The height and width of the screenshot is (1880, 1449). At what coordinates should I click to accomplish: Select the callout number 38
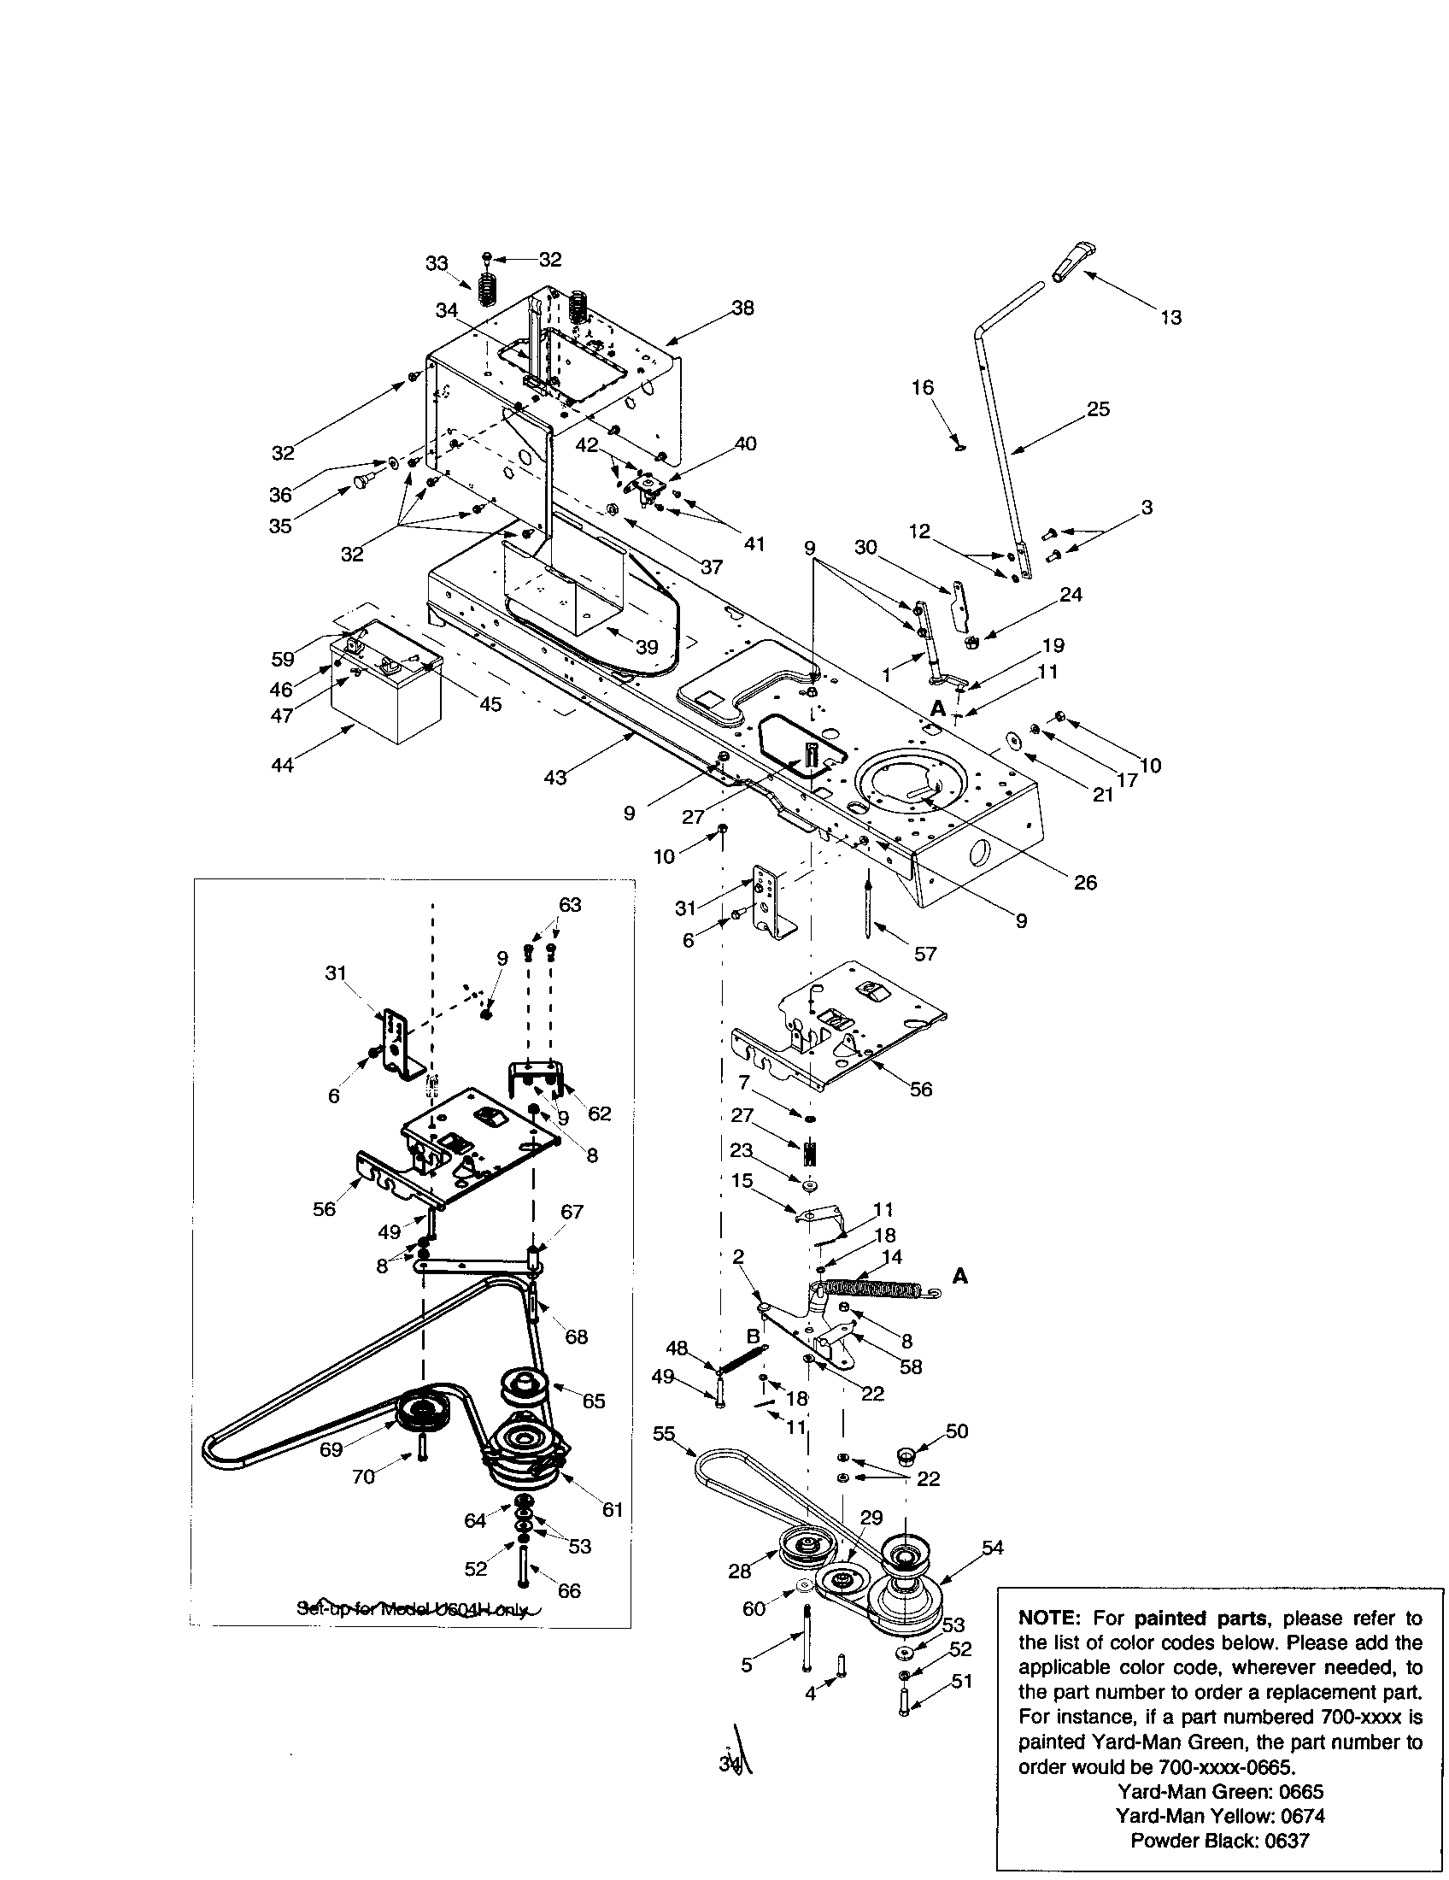click(742, 308)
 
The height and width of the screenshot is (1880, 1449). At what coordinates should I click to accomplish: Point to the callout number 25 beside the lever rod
click(1098, 409)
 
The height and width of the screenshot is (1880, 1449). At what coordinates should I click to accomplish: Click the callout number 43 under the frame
click(556, 778)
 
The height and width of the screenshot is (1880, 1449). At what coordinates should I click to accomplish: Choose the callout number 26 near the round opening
click(1085, 883)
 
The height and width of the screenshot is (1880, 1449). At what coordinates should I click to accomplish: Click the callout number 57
click(925, 954)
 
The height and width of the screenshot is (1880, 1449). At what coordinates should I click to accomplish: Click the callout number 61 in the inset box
click(612, 1510)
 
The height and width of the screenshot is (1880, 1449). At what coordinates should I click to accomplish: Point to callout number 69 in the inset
click(331, 1449)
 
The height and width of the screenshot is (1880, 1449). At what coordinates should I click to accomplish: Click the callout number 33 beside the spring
click(437, 263)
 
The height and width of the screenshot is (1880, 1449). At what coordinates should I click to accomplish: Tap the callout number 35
click(280, 526)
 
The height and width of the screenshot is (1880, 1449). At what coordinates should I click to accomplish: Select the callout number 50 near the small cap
click(957, 1431)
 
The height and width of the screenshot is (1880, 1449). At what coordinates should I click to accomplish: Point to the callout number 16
click(923, 388)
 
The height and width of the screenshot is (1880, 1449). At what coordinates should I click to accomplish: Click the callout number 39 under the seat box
click(646, 647)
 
